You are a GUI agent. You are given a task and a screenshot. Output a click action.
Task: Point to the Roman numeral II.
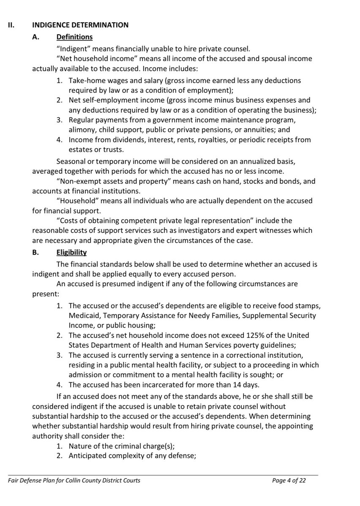[x=11, y=25]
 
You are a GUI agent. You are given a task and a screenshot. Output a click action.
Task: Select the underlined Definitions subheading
[x=74, y=37]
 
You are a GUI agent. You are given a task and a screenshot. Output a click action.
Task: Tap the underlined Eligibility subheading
[x=72, y=252]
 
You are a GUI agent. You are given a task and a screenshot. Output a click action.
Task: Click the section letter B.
[x=35, y=252]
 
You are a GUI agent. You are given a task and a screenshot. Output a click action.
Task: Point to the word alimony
[x=81, y=130]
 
